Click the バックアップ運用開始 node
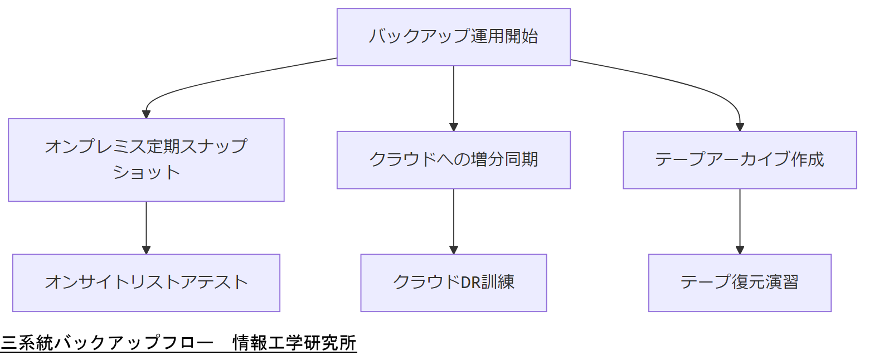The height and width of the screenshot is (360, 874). tap(453, 37)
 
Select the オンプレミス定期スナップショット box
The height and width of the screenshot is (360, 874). tap(146, 159)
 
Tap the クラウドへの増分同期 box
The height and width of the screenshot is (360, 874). tap(453, 160)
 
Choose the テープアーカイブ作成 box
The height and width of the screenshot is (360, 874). tap(739, 160)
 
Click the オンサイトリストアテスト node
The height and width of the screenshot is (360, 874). tap(146, 283)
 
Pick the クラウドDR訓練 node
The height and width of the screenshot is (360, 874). tap(453, 283)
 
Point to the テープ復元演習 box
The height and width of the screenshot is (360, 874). tap(739, 283)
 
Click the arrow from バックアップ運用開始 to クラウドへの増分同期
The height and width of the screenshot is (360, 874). tap(453, 98)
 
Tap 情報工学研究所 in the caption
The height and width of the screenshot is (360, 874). tap(294, 343)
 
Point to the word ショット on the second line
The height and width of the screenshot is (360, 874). tap(146, 172)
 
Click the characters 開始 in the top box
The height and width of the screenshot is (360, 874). tap(521, 37)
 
